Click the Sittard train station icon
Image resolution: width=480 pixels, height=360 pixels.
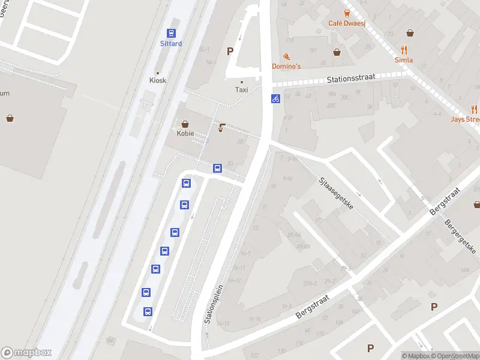click(x=171, y=34)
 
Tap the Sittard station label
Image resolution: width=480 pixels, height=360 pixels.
click(x=171, y=44)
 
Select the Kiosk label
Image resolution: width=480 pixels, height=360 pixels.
click(x=158, y=80)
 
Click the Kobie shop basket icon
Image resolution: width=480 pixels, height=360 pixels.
click(x=185, y=124)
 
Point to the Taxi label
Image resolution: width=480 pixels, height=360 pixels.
click(x=241, y=90)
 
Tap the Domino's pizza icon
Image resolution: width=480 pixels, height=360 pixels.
click(x=286, y=56)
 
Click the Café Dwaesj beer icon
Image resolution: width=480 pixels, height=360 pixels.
click(x=347, y=13)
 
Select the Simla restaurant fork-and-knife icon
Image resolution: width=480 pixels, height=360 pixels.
click(x=404, y=50)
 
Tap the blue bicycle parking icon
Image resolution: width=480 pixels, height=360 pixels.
click(x=275, y=98)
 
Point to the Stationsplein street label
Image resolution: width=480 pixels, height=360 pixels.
click(x=214, y=304)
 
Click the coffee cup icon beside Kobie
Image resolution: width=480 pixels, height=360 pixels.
click(x=221, y=127)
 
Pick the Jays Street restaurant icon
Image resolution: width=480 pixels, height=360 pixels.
click(x=474, y=109)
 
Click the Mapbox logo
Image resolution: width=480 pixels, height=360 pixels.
click(x=26, y=353)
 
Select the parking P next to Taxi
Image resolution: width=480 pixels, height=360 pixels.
click(x=230, y=51)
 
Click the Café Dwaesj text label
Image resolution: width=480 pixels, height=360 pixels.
click(x=347, y=23)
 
